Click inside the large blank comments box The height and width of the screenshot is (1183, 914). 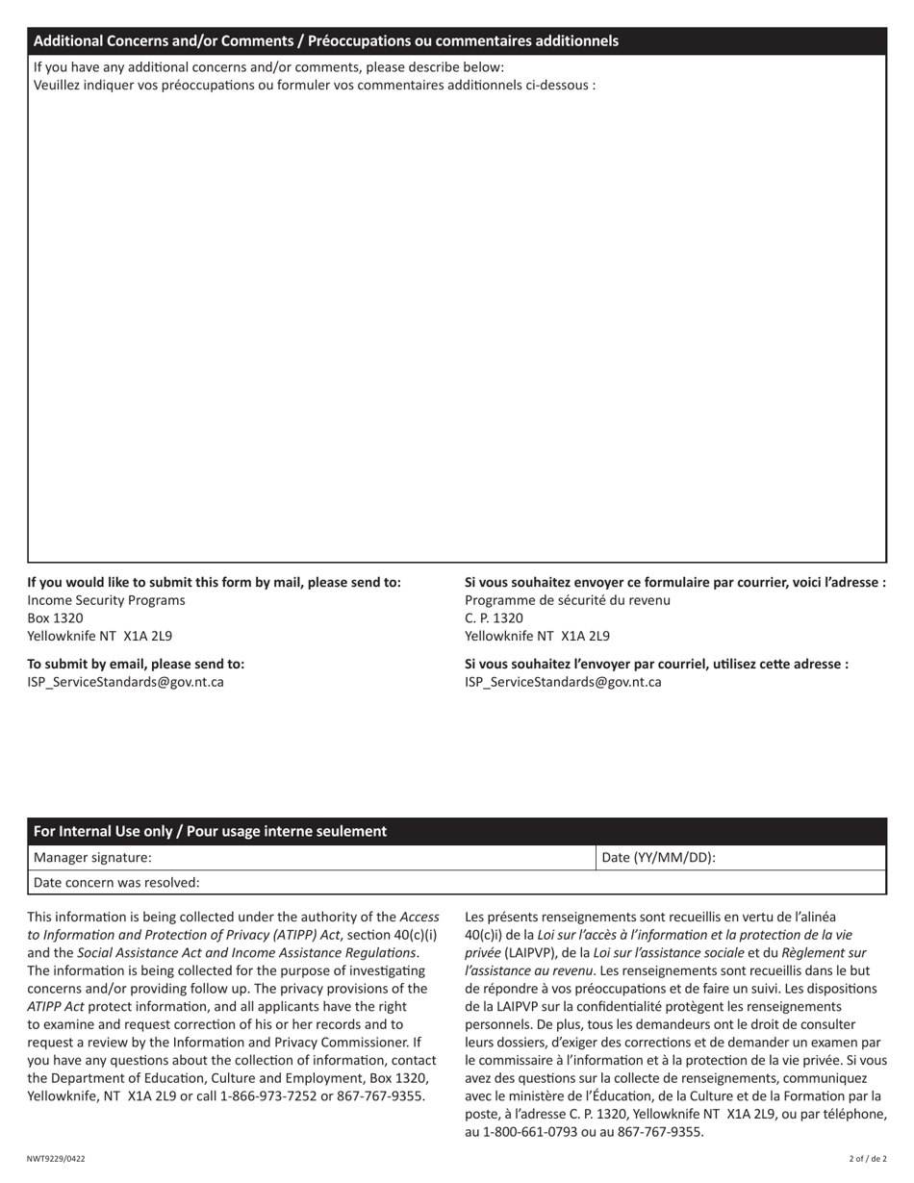pyautogui.click(x=457, y=327)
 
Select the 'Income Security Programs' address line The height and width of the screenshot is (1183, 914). pyautogui.click(x=106, y=600)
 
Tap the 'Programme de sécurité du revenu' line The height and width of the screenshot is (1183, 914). pyautogui.click(x=568, y=600)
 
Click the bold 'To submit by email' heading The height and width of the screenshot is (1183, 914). pyautogui.click(x=136, y=664)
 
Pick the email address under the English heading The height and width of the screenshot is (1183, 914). pyautogui.click(x=125, y=682)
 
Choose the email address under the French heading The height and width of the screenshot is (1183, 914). pyautogui.click(x=563, y=682)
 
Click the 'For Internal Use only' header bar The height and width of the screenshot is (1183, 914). pyautogui.click(x=210, y=831)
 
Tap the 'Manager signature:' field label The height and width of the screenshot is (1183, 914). pyautogui.click(x=92, y=857)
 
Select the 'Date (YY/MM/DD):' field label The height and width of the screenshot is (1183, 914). pyautogui.click(x=658, y=857)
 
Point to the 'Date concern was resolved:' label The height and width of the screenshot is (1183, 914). pyautogui.click(x=116, y=882)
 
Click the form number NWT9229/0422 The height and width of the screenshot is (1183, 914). pyautogui.click(x=56, y=1159)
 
